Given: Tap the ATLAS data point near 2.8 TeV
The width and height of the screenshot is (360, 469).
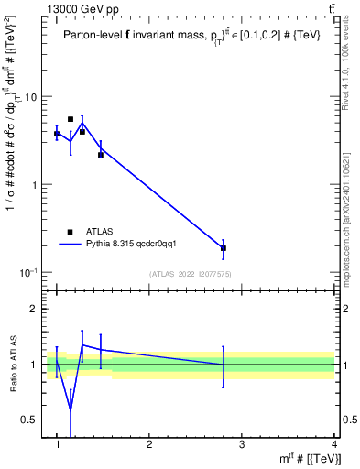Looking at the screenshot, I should [224, 248].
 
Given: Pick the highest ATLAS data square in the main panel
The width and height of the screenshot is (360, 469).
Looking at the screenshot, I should [71, 119].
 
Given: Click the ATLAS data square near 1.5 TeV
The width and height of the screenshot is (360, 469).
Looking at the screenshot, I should [101, 155].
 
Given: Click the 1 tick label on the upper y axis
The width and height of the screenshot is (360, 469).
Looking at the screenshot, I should [35, 185].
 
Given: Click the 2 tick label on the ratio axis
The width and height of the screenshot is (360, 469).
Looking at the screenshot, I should [35, 309].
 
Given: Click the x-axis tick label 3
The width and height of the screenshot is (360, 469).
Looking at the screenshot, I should [242, 444].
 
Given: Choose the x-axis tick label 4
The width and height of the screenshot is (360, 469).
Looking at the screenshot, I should [333, 444].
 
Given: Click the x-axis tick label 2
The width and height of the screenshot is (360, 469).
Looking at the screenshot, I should [149, 444].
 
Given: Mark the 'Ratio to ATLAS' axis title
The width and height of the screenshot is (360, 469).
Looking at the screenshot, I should [13, 365].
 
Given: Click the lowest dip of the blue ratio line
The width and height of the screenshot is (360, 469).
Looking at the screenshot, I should [71, 409].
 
